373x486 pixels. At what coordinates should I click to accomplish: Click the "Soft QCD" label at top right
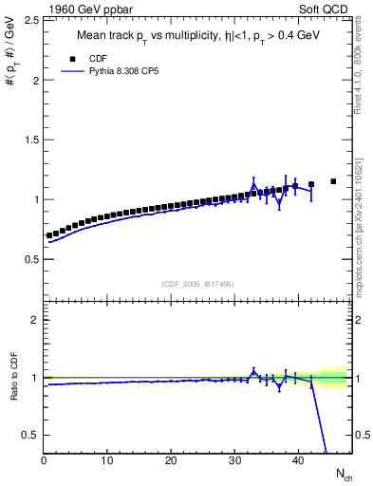point(326,9)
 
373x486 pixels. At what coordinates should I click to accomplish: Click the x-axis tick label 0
point(44,461)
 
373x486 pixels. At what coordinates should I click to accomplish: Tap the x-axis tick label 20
point(171,461)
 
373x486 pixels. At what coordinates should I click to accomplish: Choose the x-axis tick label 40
point(298,461)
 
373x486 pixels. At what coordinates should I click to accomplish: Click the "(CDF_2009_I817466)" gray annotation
point(196,283)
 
